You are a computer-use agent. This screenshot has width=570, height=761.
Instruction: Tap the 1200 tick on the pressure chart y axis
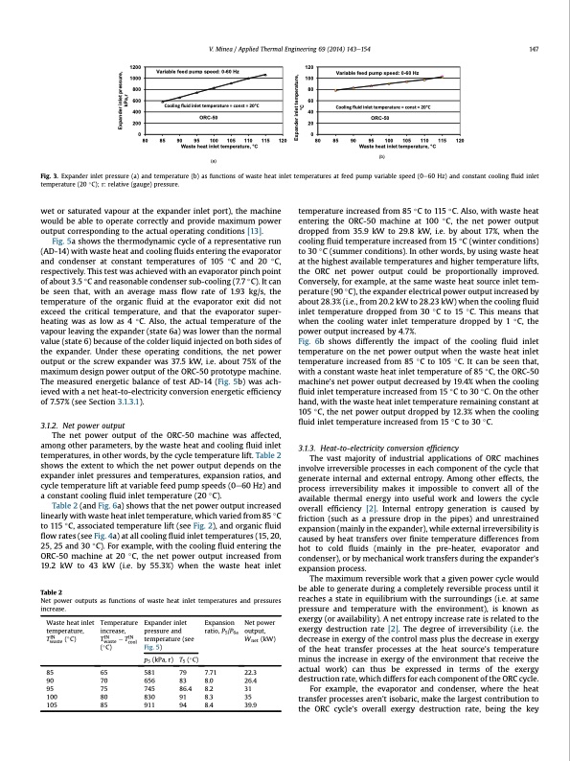tap(135, 66)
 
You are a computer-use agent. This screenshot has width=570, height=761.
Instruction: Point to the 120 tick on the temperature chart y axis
tap(308, 66)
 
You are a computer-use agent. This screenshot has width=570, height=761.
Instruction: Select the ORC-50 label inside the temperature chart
tap(381, 115)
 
